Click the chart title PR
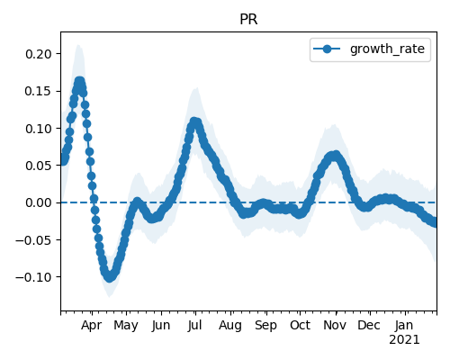coord(248,20)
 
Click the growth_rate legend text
coord(387,49)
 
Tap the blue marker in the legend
coord(327,49)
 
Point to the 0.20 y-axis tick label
coord(39,54)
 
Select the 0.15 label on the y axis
coord(39,91)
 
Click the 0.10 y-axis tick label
coord(39,129)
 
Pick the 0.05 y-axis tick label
coord(39,166)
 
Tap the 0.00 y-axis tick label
coord(39,202)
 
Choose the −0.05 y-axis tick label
coord(34,240)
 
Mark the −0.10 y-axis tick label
coord(34,277)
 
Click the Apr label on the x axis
coord(92,326)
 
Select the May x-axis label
coord(126,326)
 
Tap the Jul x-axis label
coord(194,325)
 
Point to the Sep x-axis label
coord(265,326)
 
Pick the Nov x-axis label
coord(335,325)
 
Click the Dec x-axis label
coord(369,325)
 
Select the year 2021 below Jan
coord(404,340)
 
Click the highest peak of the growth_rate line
coord(79,82)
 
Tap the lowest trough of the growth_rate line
coord(110,277)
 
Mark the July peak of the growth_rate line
coord(194,122)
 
